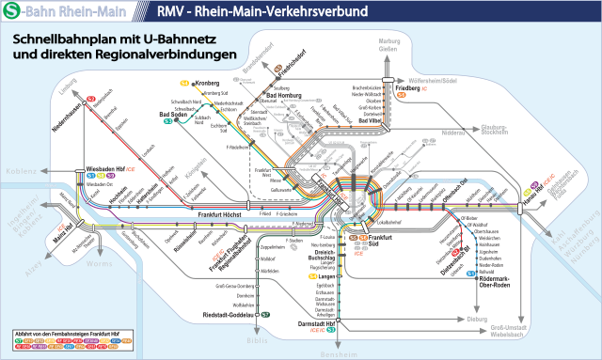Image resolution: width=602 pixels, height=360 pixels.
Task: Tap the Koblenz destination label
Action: pyautogui.click(x=19, y=171)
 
